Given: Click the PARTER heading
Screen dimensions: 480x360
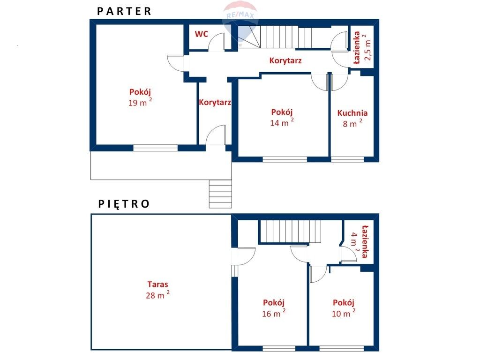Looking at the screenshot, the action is pos(124,11).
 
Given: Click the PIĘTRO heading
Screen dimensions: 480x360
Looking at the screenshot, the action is pos(124,204).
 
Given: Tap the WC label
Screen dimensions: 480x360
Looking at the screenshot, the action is pos(202,34).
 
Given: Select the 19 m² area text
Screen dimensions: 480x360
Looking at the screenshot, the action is pos(140,102).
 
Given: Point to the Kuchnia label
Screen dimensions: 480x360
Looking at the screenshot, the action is pos(352,113).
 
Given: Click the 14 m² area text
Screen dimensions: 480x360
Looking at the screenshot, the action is pos(282,122).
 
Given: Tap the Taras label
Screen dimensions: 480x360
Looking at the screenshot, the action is pos(157,285).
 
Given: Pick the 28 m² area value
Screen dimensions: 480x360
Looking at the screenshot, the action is pos(157,295).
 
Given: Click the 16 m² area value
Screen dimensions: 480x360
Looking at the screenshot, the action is pos(274,313).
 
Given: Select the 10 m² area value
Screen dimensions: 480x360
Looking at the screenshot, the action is pos(344,313).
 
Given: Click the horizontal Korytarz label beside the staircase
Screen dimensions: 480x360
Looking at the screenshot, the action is pos(285,60).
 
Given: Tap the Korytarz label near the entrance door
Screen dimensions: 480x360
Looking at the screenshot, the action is pos(215,102).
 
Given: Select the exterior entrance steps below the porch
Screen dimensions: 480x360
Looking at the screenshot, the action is pos(220,194).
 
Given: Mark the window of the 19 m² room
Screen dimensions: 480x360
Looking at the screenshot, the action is pos(156,148).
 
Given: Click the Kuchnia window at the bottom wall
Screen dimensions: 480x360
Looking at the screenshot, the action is pos(347,159).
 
